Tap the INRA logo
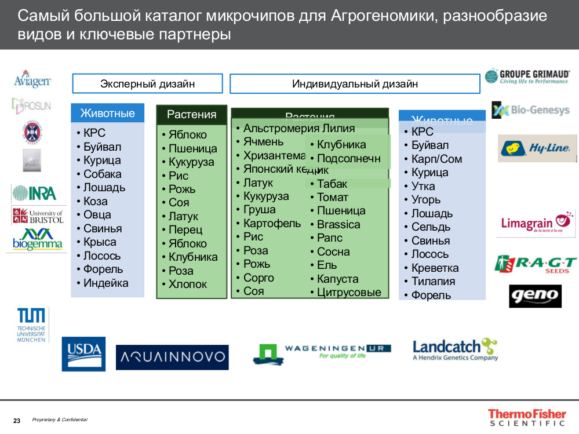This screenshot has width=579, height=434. coord(34,193)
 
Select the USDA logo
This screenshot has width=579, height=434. coord(83,353)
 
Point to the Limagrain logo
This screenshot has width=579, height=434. coord(536,223)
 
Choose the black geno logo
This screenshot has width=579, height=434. coord(535,296)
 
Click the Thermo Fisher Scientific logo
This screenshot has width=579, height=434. coord(526,418)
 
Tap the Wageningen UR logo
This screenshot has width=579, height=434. coord(322,352)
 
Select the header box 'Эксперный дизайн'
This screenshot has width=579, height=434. coord(147,83)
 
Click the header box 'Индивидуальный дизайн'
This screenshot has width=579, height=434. coord(355,83)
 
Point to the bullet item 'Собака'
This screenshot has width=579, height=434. coord(102,174)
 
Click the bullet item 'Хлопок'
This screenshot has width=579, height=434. coord(187,284)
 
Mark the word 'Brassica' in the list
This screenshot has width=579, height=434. coord(338,224)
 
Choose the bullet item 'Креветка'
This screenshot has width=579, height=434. coord(435,268)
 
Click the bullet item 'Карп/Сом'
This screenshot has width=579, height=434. coord(436,159)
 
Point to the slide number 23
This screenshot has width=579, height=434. coord(17,420)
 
